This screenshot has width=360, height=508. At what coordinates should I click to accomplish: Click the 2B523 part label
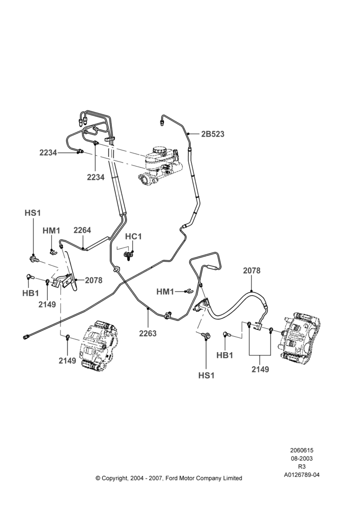[213, 134]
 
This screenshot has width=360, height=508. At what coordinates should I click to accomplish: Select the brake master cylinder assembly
[160, 166]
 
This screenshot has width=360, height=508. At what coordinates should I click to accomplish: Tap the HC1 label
[133, 237]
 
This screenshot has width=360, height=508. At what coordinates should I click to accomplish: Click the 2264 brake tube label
[82, 230]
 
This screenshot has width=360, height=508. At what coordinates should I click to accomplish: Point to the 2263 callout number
[148, 333]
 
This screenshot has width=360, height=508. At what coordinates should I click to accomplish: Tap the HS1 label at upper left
[33, 213]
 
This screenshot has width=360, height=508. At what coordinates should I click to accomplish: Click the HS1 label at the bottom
[206, 375]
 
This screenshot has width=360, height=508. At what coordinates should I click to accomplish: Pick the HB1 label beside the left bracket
[31, 293]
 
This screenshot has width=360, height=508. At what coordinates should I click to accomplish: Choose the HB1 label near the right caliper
[225, 356]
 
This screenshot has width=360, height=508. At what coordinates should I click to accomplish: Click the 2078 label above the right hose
[252, 271]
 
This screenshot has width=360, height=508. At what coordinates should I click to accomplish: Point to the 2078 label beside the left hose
[94, 280]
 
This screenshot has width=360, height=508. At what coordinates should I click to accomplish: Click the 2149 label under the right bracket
[260, 369]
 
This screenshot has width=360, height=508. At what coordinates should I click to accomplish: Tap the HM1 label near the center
[165, 292]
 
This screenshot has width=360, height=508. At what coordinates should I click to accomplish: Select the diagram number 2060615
[302, 450]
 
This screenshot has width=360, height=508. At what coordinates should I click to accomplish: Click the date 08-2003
[302, 459]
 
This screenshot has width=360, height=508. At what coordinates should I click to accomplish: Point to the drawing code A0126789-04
[302, 475]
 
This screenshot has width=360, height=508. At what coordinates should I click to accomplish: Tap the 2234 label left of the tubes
[48, 152]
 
